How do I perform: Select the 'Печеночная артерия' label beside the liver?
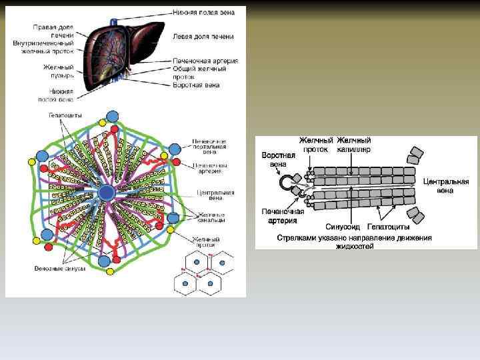tap(205, 61)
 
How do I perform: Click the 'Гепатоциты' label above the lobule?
tap(65, 115)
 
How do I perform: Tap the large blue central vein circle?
tap(107, 193)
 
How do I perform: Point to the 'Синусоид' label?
tap(342, 227)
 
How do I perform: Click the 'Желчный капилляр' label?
tap(353, 145)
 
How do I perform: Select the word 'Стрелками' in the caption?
tap(297, 237)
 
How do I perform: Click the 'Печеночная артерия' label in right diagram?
tap(283, 216)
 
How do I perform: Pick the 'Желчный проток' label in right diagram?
tap(315, 145)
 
